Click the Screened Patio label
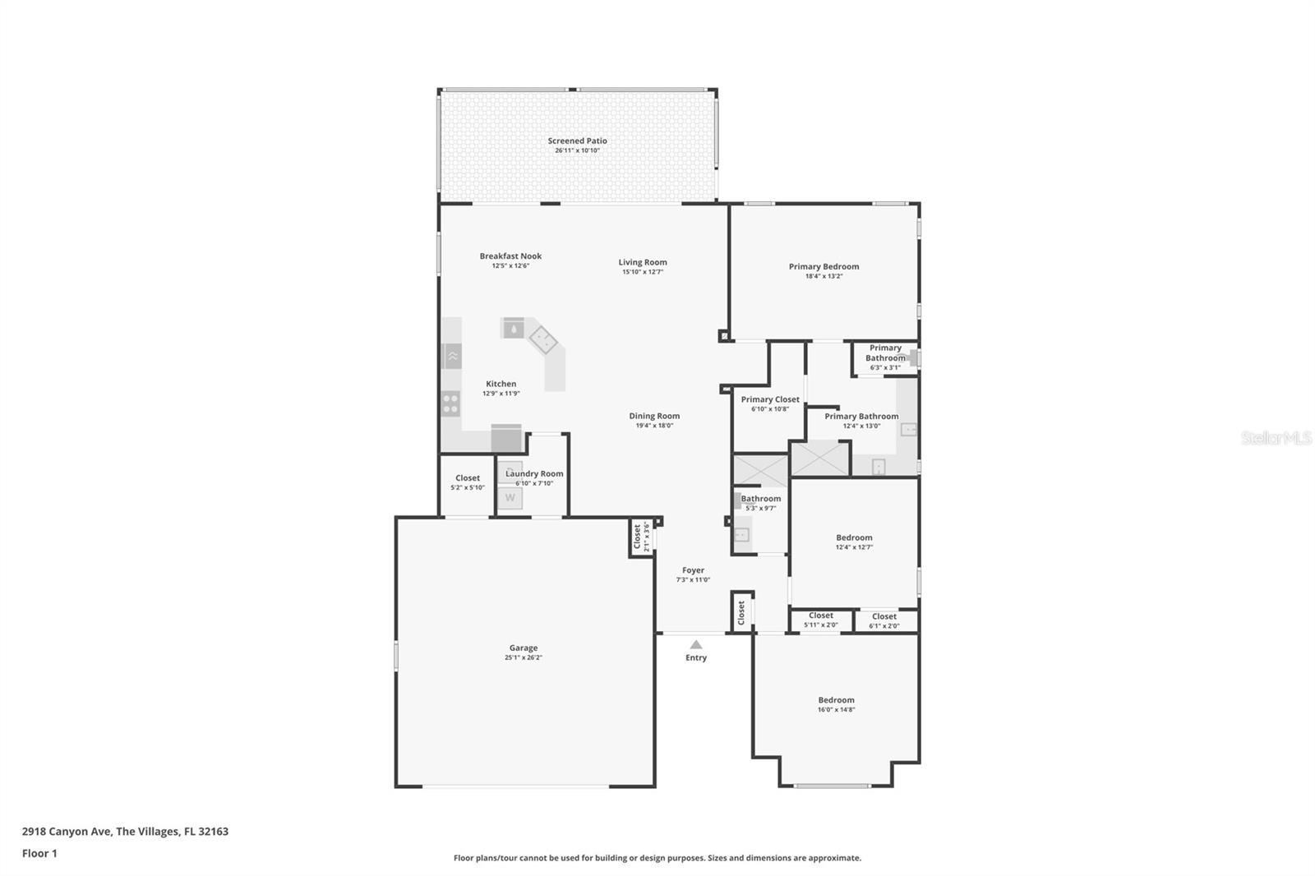tap(577, 141)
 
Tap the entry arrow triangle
tap(696, 645)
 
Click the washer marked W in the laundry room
tap(510, 498)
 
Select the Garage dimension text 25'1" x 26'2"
tap(524, 657)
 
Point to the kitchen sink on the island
tap(514, 329)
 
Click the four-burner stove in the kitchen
tap(450, 403)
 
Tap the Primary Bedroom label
tap(824, 266)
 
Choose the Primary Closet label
tap(770, 399)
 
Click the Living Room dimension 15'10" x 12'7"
tap(643, 272)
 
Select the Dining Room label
tap(654, 416)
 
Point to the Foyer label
tap(693, 569)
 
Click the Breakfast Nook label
tap(510, 256)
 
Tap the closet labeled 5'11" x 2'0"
tap(821, 620)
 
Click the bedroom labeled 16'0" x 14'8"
tap(836, 704)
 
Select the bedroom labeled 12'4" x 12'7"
tap(854, 542)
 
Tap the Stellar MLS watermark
tap(1276, 438)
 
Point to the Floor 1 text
tap(39, 853)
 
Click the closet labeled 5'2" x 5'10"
tap(468, 482)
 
